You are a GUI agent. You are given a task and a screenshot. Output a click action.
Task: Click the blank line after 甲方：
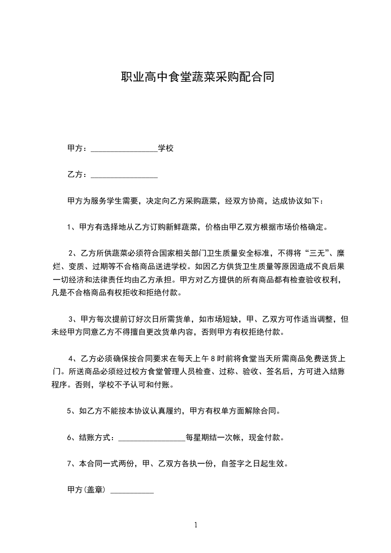coord(124,148)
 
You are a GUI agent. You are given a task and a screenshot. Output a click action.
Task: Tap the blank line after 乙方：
coord(124,175)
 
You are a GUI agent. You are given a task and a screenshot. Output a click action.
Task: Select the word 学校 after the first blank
coord(166,148)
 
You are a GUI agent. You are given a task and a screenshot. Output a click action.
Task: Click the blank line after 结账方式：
coord(151,437)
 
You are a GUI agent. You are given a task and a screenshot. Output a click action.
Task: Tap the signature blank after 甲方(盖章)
coord(132,490)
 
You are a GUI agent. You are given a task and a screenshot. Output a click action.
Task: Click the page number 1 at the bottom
coord(196,525)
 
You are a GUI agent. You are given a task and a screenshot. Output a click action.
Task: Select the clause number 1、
coord(71,228)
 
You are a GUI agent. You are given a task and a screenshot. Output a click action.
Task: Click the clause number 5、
coord(71,411)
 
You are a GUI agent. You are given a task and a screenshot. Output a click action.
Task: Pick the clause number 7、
coord(71,464)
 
